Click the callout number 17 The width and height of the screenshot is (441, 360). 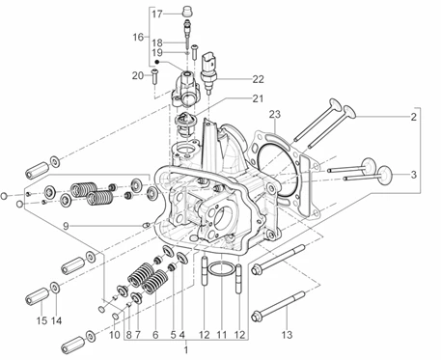pyautogui.click(x=157, y=14)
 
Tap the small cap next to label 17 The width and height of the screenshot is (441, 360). pyautogui.click(x=187, y=11)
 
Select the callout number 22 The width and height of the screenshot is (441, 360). pyautogui.click(x=258, y=79)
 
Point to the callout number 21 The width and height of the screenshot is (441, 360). pyautogui.click(x=258, y=98)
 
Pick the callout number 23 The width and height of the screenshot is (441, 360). pyautogui.click(x=275, y=114)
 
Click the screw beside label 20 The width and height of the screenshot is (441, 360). pyautogui.click(x=155, y=76)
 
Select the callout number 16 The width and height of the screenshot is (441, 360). pyautogui.click(x=138, y=38)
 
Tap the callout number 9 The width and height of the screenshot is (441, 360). pyautogui.click(x=66, y=226)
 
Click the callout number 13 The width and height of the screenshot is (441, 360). pyautogui.click(x=287, y=335)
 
